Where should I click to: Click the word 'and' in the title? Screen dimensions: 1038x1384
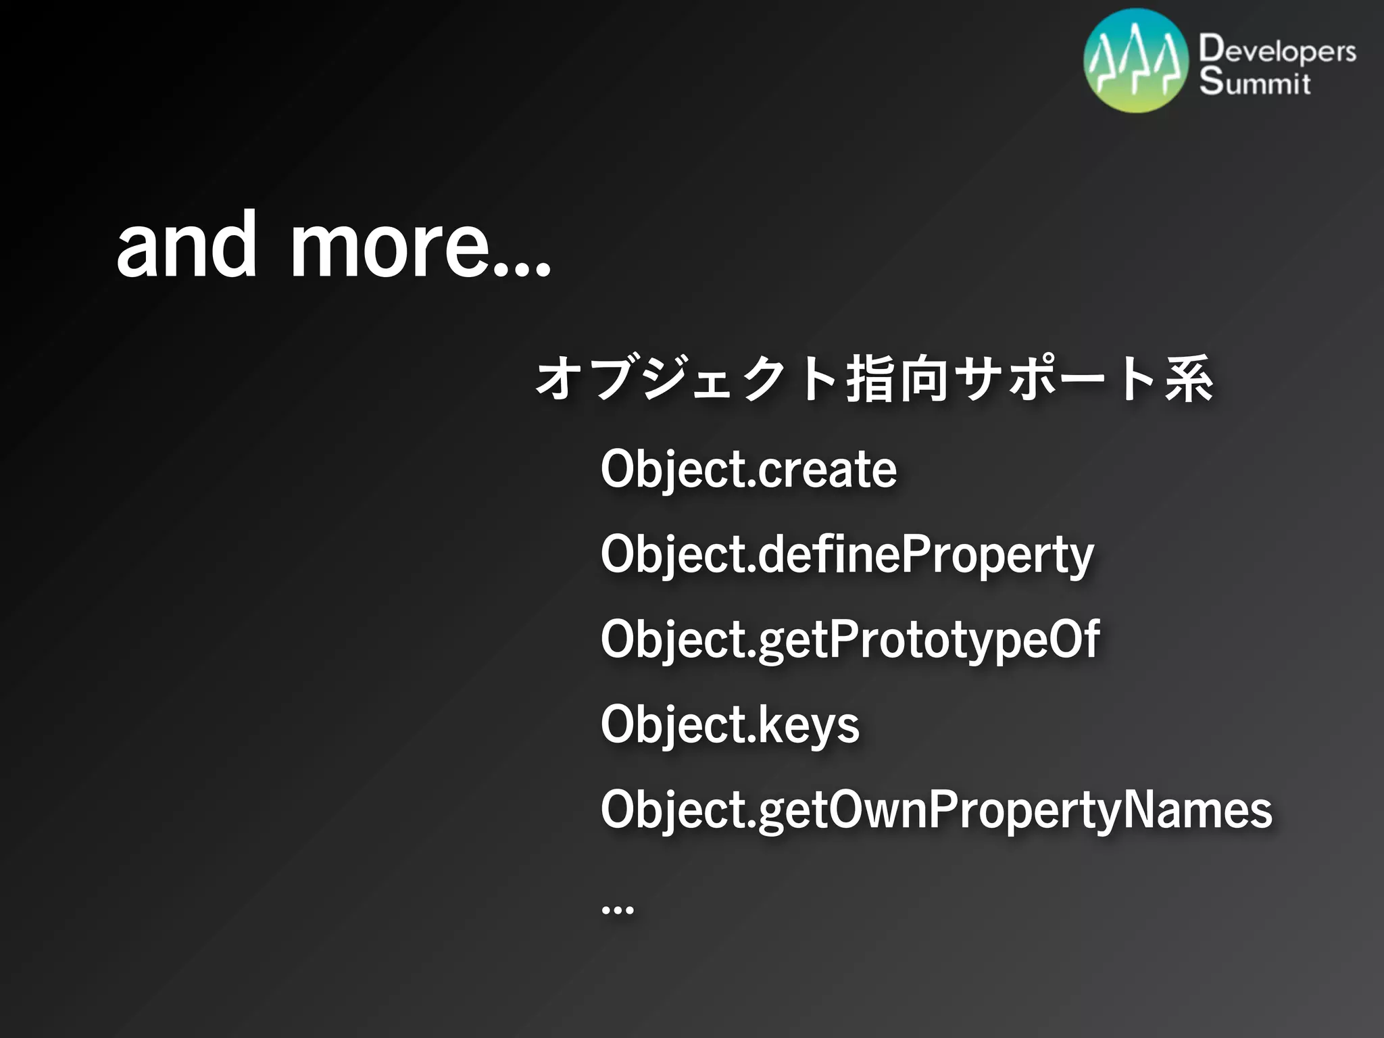tap(187, 245)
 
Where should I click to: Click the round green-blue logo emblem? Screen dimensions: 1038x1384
tap(1136, 61)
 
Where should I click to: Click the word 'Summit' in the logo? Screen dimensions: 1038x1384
tap(1255, 82)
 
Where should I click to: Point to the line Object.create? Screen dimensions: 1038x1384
tap(749, 470)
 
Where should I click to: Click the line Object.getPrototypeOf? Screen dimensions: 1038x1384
tap(850, 640)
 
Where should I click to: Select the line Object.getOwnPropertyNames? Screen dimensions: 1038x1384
tap(936, 810)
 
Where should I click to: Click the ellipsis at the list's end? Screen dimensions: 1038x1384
tap(617, 910)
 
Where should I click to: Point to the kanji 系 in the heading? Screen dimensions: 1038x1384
tap(1189, 378)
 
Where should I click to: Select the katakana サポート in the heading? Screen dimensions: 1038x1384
tap(1058, 378)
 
